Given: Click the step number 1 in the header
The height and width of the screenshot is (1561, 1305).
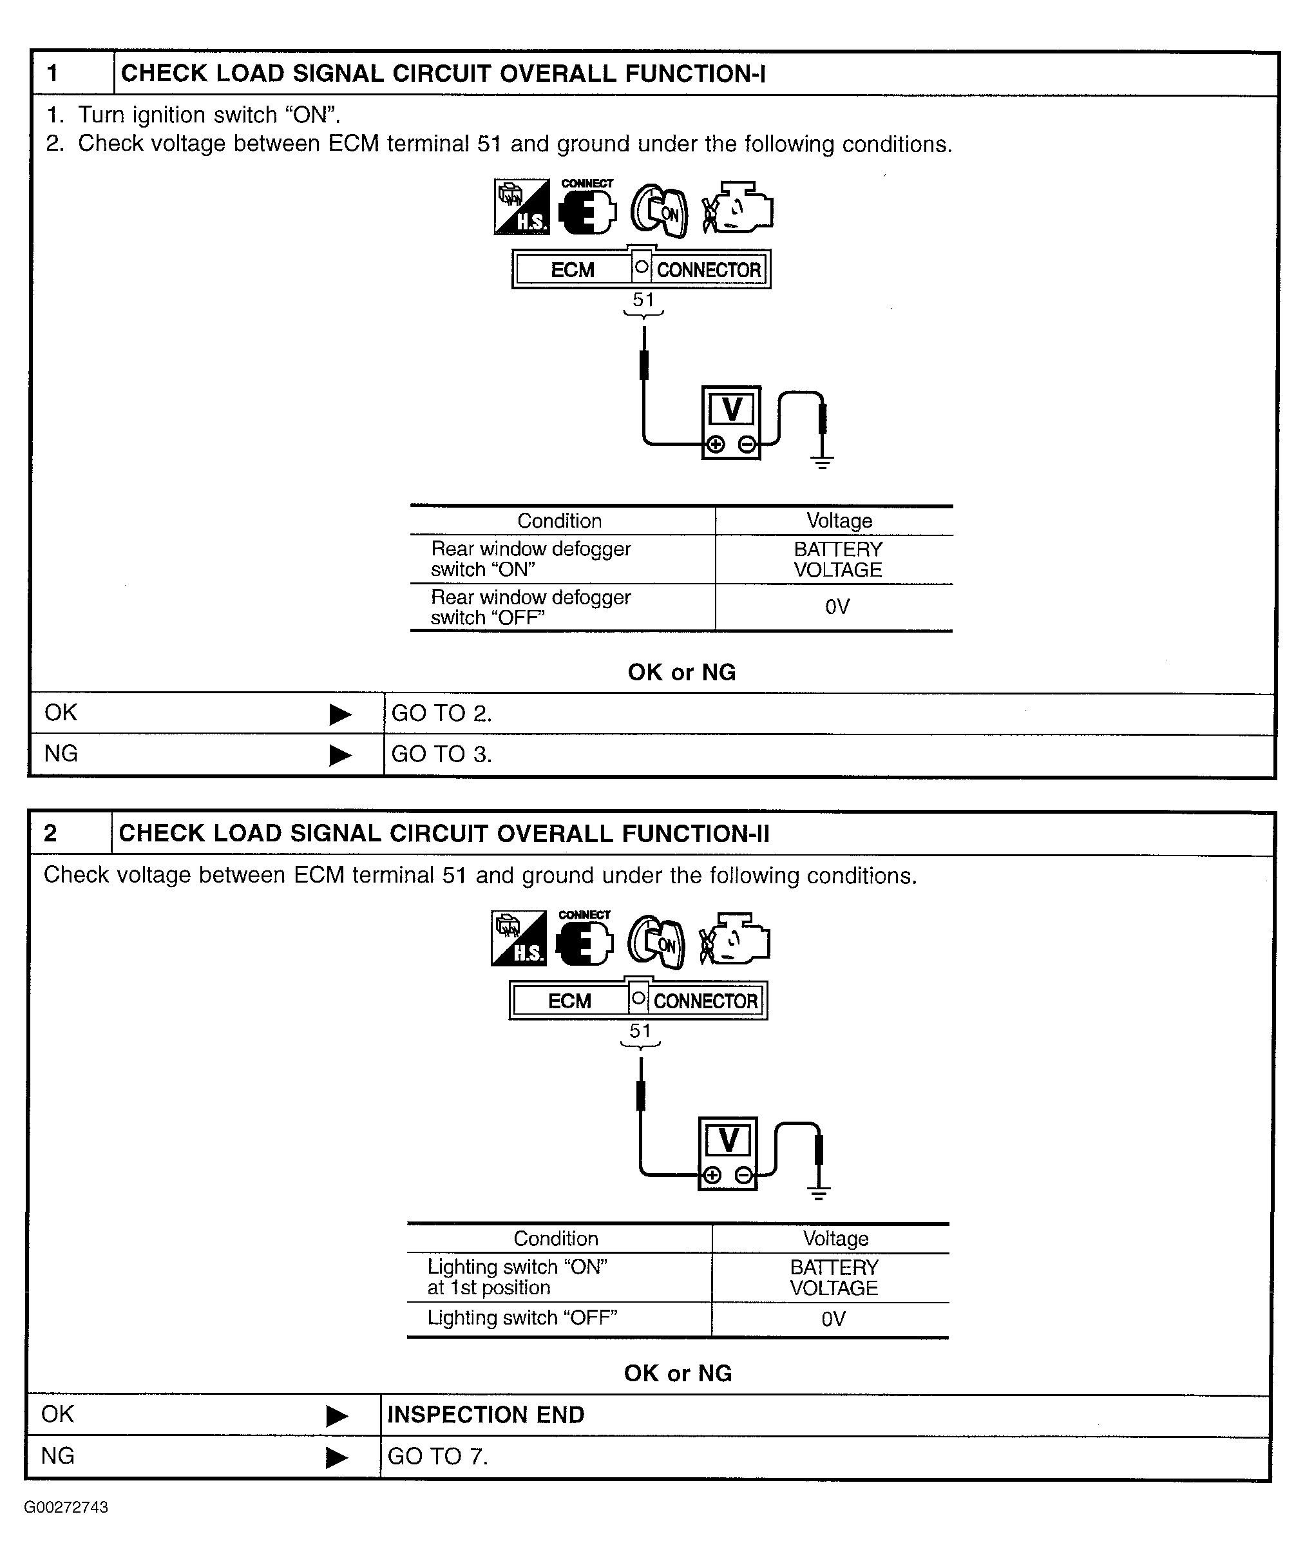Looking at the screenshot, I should (53, 73).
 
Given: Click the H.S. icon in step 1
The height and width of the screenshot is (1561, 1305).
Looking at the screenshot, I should (522, 207).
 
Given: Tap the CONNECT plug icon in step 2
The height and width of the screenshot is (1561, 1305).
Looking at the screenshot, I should (585, 941).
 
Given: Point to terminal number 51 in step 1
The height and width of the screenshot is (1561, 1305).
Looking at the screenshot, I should (643, 300).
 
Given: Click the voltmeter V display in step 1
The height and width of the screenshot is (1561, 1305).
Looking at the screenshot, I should (731, 410).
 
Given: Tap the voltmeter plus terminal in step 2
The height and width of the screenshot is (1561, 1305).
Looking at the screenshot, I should (712, 1175).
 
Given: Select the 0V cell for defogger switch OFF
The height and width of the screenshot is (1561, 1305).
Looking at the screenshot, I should (837, 608).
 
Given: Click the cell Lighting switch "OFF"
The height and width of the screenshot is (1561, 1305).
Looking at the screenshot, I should (522, 1318).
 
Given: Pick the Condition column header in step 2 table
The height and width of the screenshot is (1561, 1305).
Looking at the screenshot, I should (556, 1238).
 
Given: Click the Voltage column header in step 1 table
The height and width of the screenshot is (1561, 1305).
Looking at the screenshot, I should (839, 521).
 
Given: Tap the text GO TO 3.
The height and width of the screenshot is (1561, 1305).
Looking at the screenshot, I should (441, 754).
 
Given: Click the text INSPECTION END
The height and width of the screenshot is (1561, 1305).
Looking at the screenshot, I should (485, 1415).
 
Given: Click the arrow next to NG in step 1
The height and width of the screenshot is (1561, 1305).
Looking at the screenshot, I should (339, 755).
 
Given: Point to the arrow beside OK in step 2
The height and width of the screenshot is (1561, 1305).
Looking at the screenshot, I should (337, 1416).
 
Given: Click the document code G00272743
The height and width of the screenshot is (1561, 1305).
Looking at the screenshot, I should (66, 1508).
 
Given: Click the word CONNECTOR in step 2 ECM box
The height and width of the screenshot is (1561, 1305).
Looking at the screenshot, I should (705, 1001).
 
